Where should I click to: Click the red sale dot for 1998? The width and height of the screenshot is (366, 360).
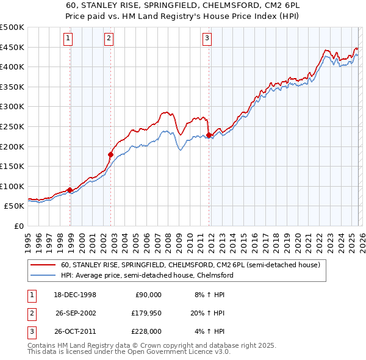[70, 190]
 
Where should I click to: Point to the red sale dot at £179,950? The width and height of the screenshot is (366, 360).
[111, 154]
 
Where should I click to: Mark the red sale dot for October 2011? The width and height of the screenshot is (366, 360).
[209, 135]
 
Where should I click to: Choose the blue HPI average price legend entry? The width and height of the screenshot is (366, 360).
[147, 275]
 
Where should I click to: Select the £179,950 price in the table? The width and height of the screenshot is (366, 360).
[147, 313]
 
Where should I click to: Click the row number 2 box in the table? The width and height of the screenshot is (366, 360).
[31, 313]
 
